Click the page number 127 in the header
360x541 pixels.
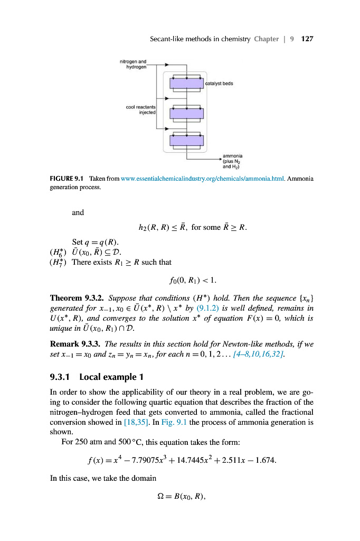(x=307, y=39)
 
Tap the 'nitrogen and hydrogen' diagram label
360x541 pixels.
(x=135, y=64)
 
